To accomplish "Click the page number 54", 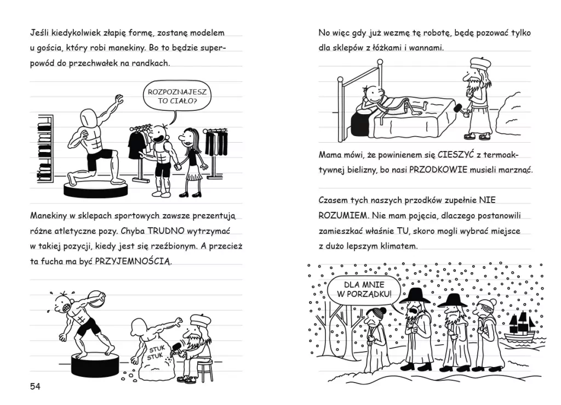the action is [x=35, y=386].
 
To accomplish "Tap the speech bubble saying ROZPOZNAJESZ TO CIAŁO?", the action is [x=177, y=95].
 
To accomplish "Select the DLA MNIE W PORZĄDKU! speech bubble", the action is [x=364, y=290].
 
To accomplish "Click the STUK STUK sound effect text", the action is [x=156, y=353].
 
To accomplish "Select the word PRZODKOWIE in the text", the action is [x=438, y=170].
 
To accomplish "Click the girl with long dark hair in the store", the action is [x=191, y=162].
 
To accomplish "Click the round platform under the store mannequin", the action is [x=95, y=189].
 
